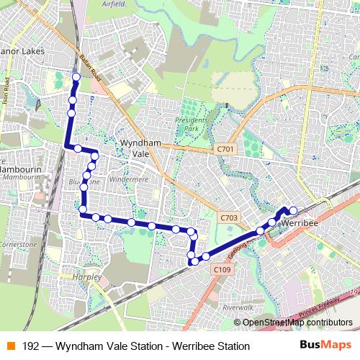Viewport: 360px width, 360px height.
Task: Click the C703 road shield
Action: tap(229, 217)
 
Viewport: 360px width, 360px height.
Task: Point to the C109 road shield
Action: tap(222, 269)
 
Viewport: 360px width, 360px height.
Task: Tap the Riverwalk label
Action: tap(238, 307)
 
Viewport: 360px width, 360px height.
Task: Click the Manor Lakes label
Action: tap(23, 52)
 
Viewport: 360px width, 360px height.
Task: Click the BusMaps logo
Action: tap(326, 346)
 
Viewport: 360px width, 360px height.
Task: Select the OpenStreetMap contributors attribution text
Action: tap(297, 323)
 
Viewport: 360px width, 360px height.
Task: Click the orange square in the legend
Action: tap(10, 346)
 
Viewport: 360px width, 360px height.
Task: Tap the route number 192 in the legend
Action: tap(31, 346)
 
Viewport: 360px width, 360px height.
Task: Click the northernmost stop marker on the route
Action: tap(76, 76)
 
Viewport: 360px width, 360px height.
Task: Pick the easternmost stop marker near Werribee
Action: tap(293, 210)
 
